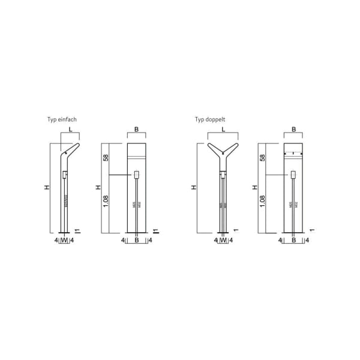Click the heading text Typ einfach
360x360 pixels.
pyautogui.click(x=62, y=119)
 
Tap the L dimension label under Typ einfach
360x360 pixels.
pyautogui.click(x=70, y=129)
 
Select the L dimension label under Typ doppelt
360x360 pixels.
pyautogui.click(x=223, y=129)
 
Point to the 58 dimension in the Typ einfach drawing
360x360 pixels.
pyautogui.click(x=105, y=159)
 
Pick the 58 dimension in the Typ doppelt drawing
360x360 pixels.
pyautogui.click(x=262, y=159)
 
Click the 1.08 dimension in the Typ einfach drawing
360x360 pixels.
pyautogui.click(x=105, y=203)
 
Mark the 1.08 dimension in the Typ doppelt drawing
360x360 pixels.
pyautogui.click(x=262, y=203)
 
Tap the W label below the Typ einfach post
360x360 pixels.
pyautogui.click(x=64, y=241)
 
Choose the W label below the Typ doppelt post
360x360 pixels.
pyautogui.click(x=223, y=241)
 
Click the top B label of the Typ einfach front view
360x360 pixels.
pyautogui.click(x=137, y=129)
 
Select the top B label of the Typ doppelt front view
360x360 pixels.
pyautogui.click(x=293, y=129)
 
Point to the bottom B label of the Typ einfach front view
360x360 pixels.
pyautogui.click(x=137, y=241)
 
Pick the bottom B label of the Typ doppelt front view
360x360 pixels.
pyautogui.click(x=293, y=241)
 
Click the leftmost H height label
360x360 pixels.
pyautogui.click(x=46, y=188)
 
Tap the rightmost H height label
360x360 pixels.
pyautogui.click(x=254, y=188)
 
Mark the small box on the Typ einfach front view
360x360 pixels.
pyautogui.click(x=137, y=175)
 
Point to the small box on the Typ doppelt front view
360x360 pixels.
pyautogui.click(x=293, y=175)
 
